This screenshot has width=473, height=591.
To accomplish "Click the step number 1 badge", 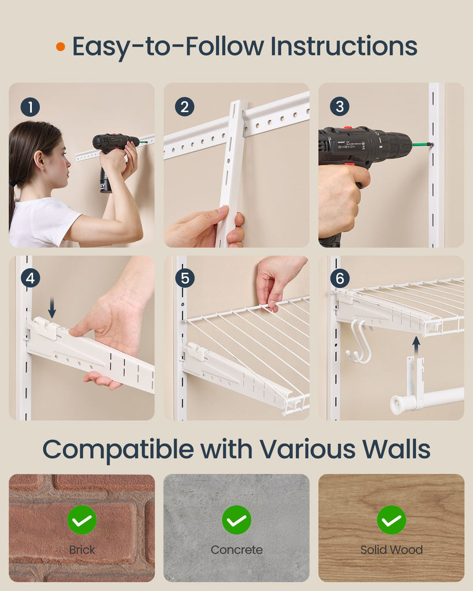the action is click(30, 107).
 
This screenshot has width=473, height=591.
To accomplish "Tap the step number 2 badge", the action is click(184, 107).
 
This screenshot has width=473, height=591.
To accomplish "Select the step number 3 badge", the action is click(340, 106).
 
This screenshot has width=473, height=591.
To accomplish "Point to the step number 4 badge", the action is click(30, 278).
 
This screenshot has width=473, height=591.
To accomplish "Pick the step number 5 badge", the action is click(185, 278).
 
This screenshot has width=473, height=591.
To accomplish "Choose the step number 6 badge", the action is click(340, 278).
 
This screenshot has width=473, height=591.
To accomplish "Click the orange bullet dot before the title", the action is click(60, 47).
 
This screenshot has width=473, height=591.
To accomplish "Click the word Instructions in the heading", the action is click(344, 46).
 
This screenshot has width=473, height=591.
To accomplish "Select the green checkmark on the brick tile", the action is click(82, 520).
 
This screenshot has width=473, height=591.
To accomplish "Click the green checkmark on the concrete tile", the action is click(237, 520).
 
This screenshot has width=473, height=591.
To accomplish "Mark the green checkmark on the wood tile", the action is click(392, 520).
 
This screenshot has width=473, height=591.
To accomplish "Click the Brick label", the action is click(82, 550).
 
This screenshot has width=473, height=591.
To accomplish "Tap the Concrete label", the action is click(237, 550).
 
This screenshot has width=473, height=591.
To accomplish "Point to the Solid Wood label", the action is click(392, 550).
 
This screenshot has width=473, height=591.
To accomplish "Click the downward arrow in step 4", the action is click(52, 308).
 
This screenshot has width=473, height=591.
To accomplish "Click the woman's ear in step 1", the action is click(39, 160).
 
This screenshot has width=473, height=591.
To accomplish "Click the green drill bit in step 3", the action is click(422, 144).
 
